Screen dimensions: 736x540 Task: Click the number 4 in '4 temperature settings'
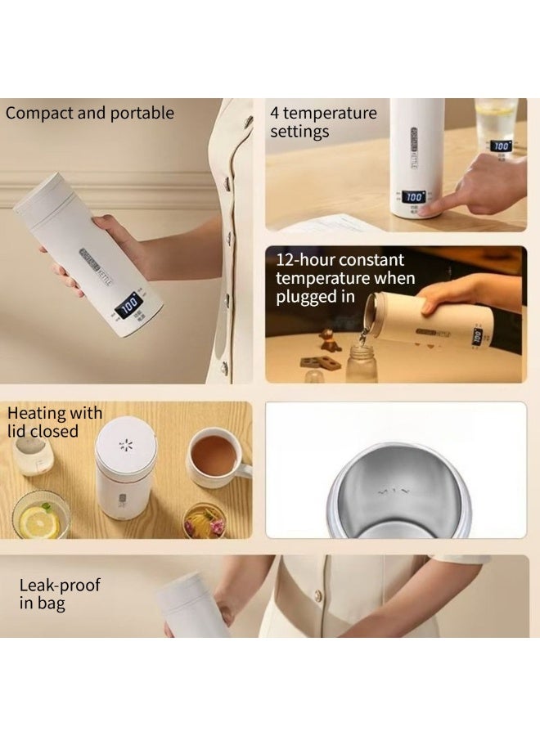click(x=275, y=113)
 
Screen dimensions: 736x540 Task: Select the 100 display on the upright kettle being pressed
click(x=415, y=198)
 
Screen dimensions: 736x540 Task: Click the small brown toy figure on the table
click(x=329, y=339)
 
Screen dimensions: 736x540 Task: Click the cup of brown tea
click(x=215, y=456)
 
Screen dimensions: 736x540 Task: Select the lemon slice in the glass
click(x=39, y=521)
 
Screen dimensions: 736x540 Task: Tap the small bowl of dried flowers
click(x=205, y=520)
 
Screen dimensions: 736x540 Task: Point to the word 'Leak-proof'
click(x=60, y=586)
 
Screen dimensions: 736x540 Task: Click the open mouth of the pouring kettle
click(x=371, y=312)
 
